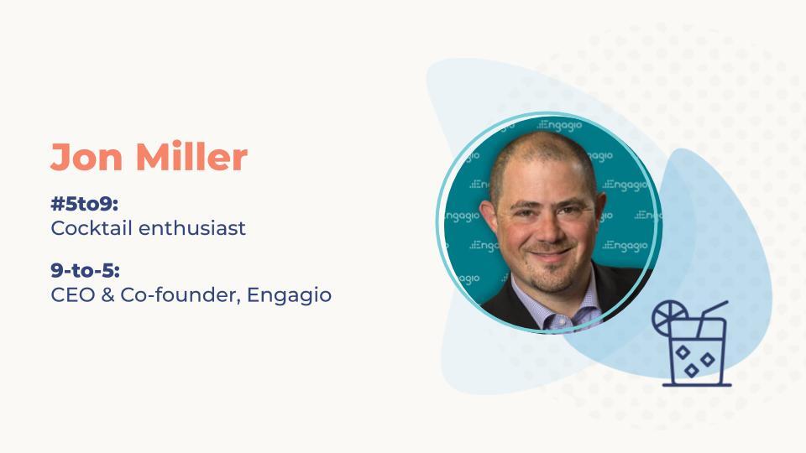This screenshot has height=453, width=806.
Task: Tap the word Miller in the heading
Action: pyautogui.click(x=191, y=156)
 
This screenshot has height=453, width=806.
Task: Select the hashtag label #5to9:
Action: pyautogui.click(x=84, y=204)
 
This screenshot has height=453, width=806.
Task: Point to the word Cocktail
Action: pyautogui.click(x=92, y=228)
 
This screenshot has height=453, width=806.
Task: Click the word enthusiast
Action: pyautogui.click(x=191, y=228)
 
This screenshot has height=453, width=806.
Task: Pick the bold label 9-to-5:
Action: pyautogui.click(x=85, y=270)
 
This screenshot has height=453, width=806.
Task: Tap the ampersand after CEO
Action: pyautogui.click(x=107, y=294)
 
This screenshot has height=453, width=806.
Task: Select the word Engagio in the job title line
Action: pyautogui.click(x=290, y=296)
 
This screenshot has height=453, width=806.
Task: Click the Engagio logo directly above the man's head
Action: pyautogui.click(x=560, y=125)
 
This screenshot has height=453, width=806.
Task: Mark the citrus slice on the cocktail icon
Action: pyautogui.click(x=669, y=317)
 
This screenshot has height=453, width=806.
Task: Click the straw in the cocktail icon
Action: pyautogui.click(x=713, y=319)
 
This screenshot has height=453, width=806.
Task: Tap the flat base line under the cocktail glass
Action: pyautogui.click(x=697, y=385)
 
